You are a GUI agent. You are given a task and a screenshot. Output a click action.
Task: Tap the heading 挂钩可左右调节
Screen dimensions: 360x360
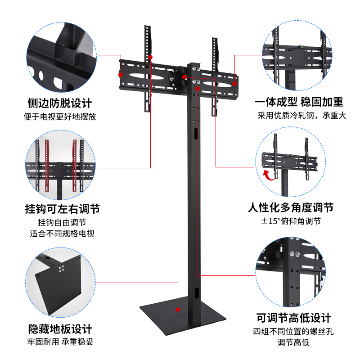click(x=62, y=209)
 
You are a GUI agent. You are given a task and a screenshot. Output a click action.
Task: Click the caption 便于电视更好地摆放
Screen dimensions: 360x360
click(x=60, y=117)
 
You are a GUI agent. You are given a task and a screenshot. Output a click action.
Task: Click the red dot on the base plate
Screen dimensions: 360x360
click(x=178, y=310)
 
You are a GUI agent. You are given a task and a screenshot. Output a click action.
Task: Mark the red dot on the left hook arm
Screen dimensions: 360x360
click(x=150, y=58)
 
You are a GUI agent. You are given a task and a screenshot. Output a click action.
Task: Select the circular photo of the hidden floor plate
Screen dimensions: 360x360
click(x=60, y=283)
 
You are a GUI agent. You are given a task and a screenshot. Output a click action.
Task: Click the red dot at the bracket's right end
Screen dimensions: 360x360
click(x=234, y=84)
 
